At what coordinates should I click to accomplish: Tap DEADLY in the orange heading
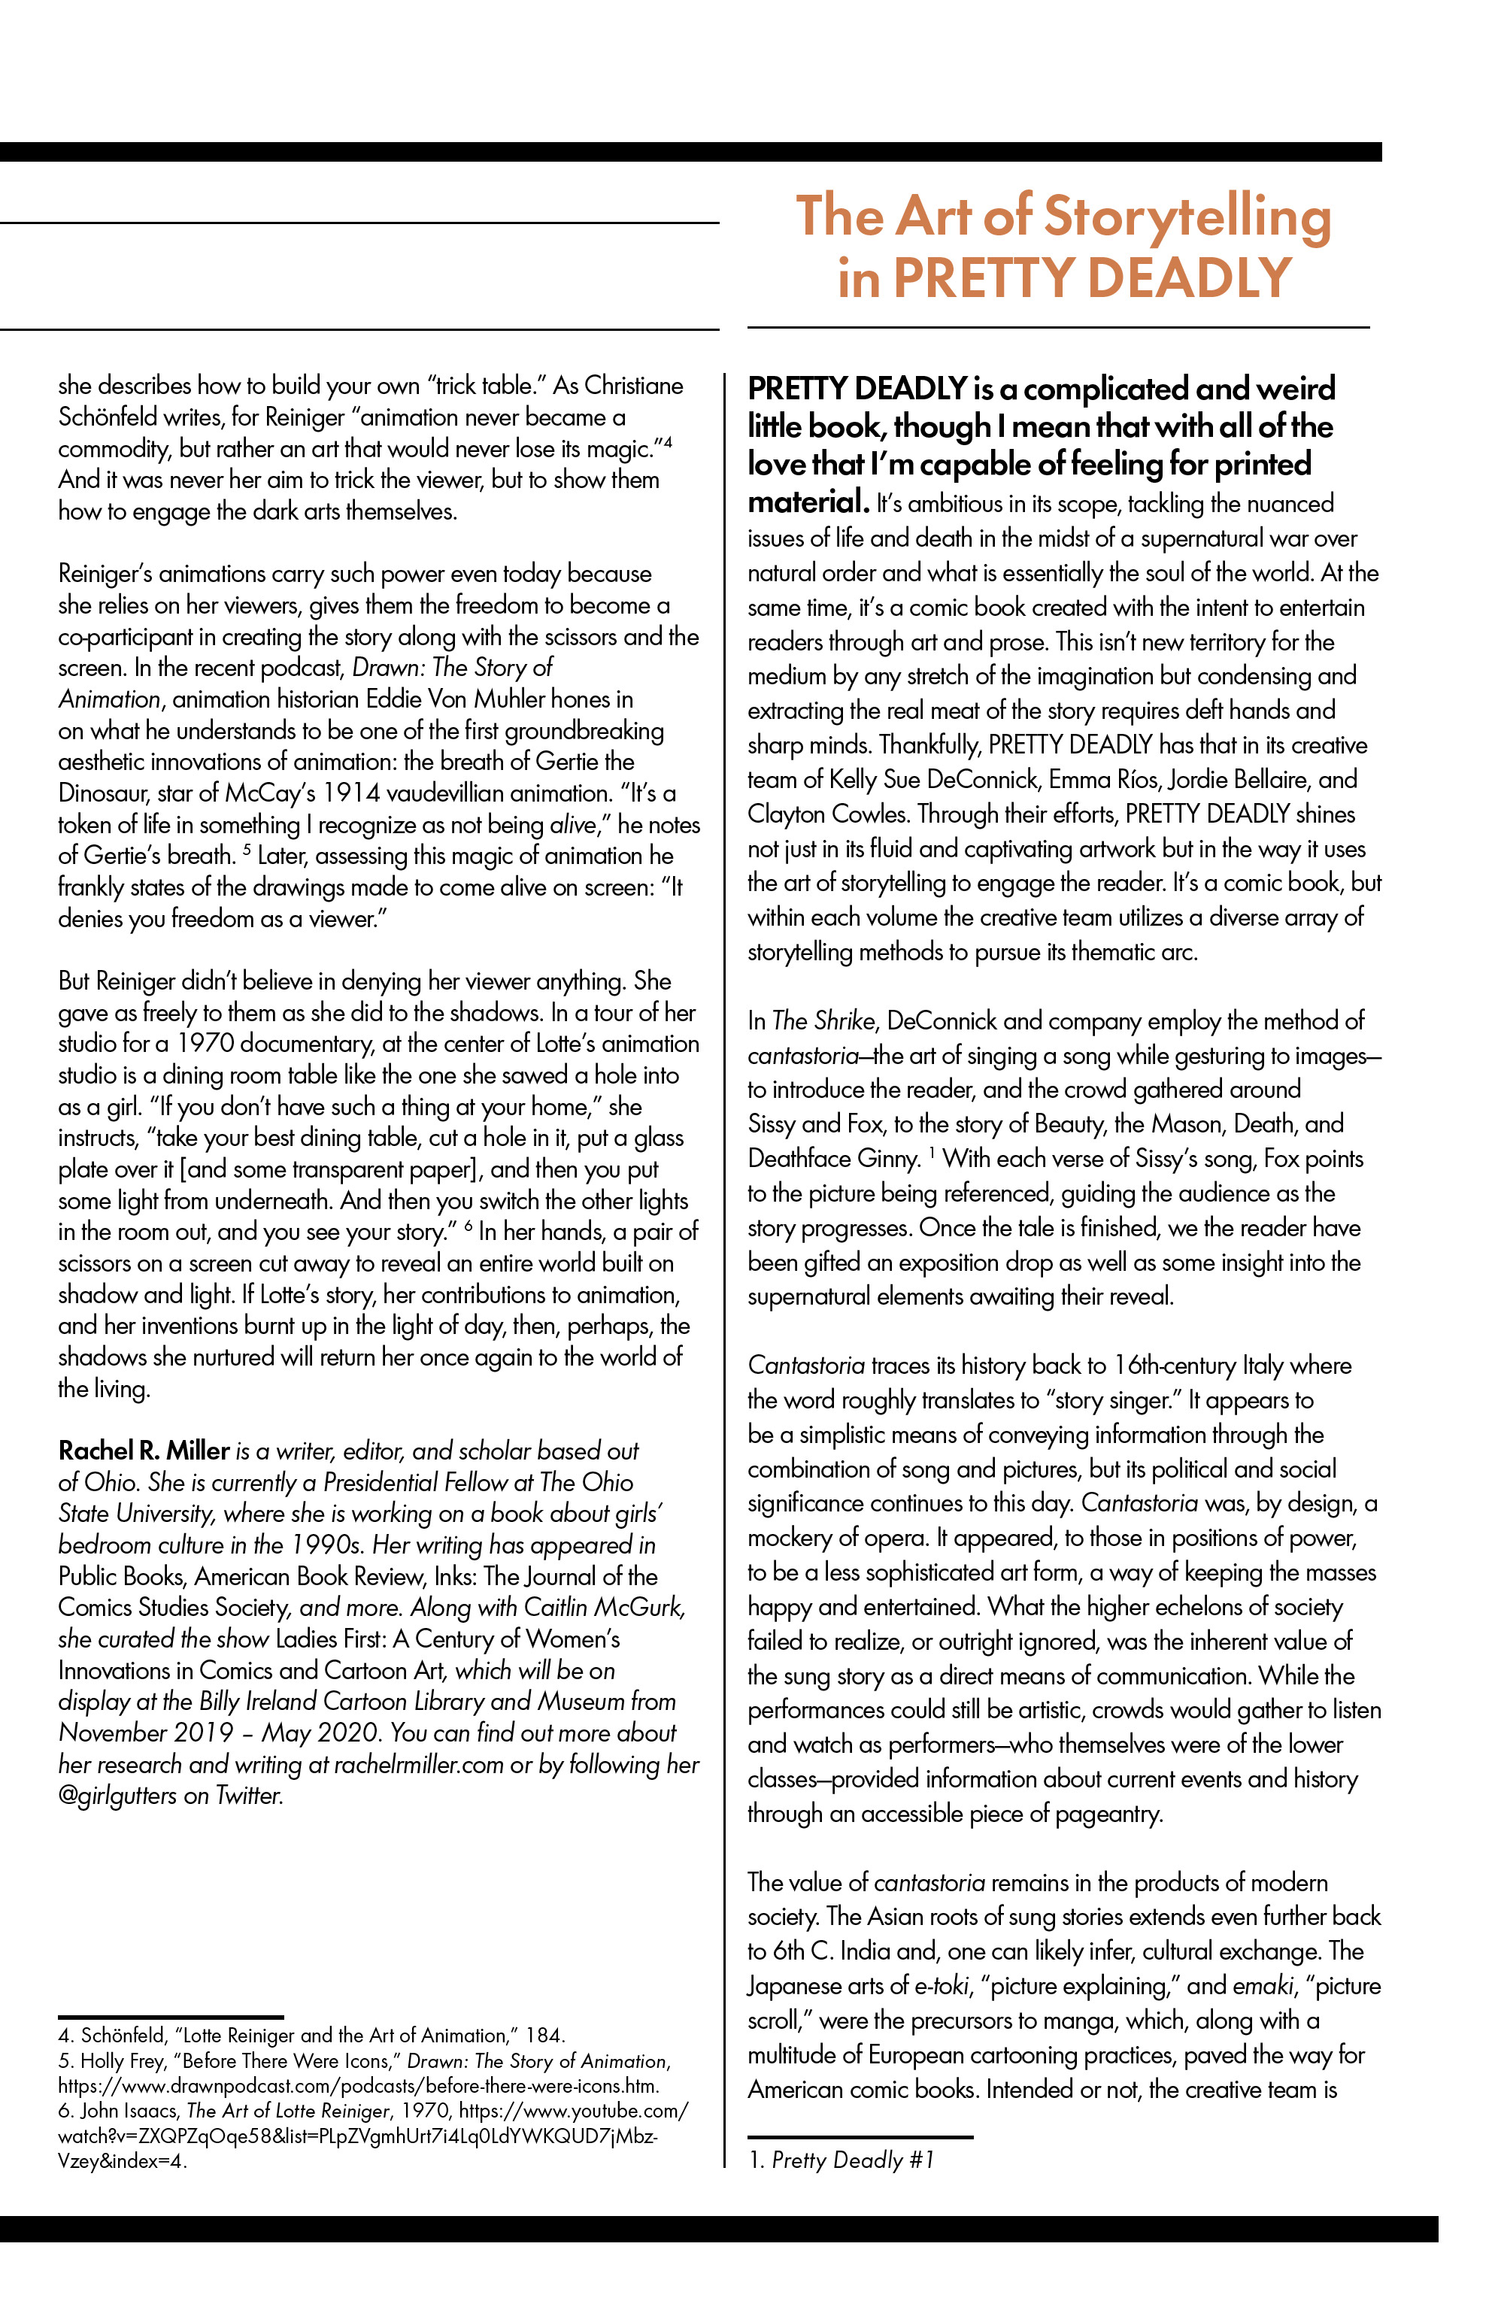click(1189, 278)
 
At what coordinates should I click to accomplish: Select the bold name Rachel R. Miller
click(144, 1451)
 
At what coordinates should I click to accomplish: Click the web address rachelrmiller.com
click(418, 1764)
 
